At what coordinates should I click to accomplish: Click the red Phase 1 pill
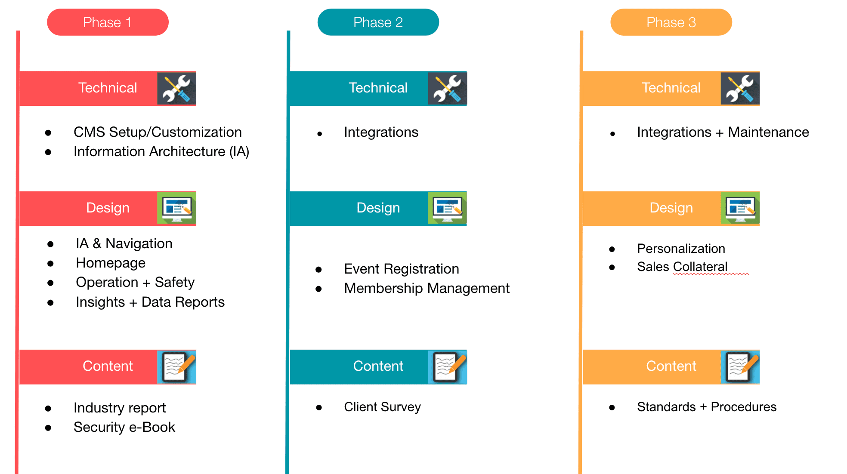tap(108, 22)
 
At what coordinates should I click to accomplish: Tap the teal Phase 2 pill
tap(378, 22)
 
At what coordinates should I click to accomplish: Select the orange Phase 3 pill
tap(671, 22)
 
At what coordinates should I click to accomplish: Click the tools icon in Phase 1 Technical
tap(176, 89)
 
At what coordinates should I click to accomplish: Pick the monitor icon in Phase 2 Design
tap(447, 208)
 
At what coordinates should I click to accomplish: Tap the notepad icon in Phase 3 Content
tap(740, 367)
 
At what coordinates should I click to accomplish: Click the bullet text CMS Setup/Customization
tap(158, 132)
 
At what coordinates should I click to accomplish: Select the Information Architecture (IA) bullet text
tap(161, 151)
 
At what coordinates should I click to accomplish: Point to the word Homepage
tap(111, 263)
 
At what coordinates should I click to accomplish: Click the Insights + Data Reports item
tap(150, 302)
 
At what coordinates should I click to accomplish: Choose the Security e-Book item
tap(124, 427)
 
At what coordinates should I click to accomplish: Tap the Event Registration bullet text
tap(402, 269)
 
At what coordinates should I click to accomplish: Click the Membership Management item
tap(427, 288)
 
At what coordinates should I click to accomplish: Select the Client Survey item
tap(382, 407)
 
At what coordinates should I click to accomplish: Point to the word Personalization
tap(681, 249)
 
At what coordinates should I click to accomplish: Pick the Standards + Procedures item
tap(707, 407)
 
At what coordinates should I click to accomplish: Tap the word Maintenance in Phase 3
tap(768, 132)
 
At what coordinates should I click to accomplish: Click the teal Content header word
tap(378, 366)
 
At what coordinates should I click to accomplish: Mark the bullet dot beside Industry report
tap(48, 409)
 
